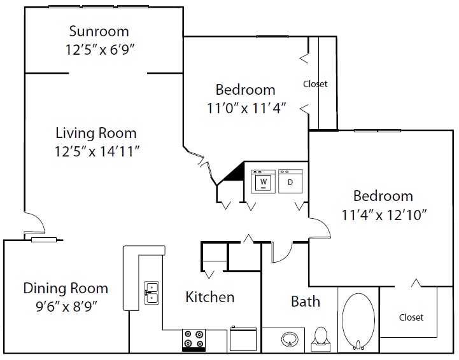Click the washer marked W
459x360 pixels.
263,181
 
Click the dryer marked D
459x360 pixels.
290,181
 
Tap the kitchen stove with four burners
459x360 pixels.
194,340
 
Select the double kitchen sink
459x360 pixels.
152,293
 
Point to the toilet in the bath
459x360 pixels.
321,339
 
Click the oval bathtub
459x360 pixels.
358,321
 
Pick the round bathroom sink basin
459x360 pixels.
290,339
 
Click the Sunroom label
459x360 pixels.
99,31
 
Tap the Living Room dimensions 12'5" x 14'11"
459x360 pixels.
97,151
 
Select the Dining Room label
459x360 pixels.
66,288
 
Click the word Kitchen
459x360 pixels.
210,297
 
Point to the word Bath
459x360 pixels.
306,301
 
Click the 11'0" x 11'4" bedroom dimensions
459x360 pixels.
246,108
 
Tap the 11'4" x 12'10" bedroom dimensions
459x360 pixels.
384,215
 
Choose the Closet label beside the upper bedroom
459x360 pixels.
315,84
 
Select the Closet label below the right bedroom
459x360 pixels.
411,317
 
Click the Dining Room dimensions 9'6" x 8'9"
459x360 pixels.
66,307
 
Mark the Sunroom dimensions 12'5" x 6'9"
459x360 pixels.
99,50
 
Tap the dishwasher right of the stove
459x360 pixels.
243,339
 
